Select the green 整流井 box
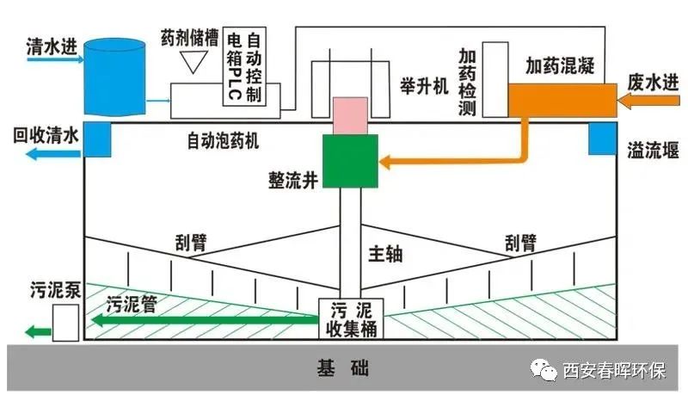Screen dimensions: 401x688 click(x=351, y=161)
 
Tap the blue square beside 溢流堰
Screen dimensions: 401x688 click(x=602, y=139)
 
